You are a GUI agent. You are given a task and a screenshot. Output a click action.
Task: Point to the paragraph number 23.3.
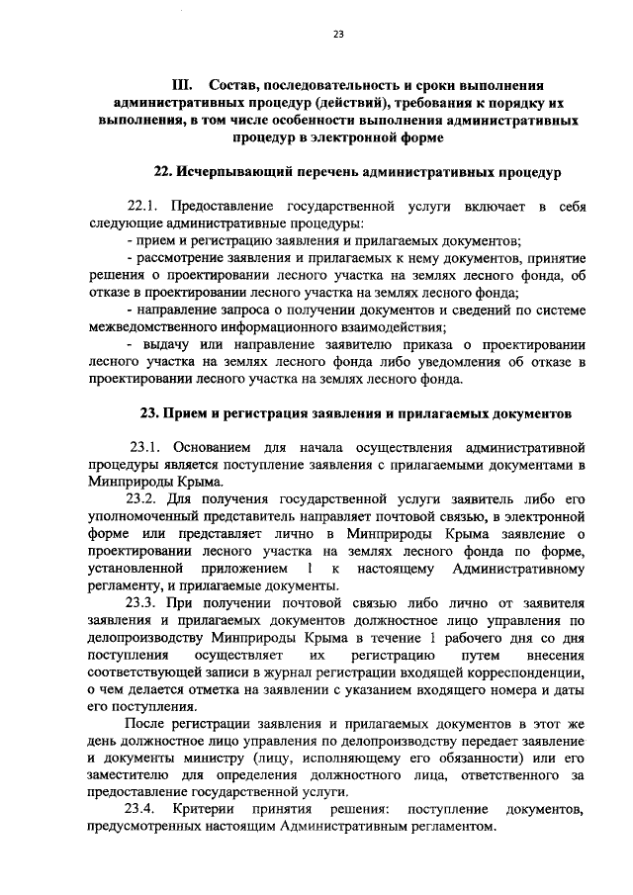point(143,604)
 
